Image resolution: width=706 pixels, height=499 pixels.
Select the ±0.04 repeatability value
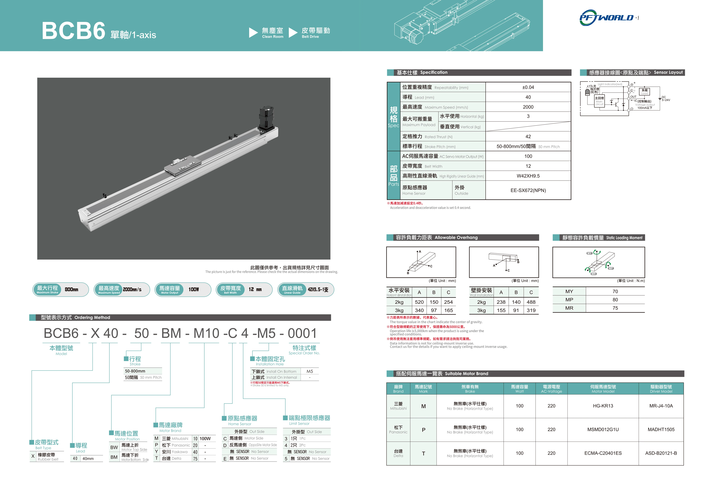tap(528, 87)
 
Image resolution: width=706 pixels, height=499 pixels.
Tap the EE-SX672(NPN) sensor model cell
tap(528, 190)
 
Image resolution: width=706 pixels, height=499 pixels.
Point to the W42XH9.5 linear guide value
tap(528, 176)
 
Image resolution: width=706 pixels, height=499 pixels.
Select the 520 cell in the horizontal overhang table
tap(419, 302)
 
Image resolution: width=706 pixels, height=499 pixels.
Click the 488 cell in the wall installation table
tap(531, 302)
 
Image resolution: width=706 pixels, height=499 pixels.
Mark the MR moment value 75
tap(615, 308)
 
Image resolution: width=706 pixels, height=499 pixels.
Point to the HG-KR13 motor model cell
tap(603, 406)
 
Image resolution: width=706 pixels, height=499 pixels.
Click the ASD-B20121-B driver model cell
tap(661, 453)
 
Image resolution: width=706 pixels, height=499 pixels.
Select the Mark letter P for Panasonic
tap(423, 430)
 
